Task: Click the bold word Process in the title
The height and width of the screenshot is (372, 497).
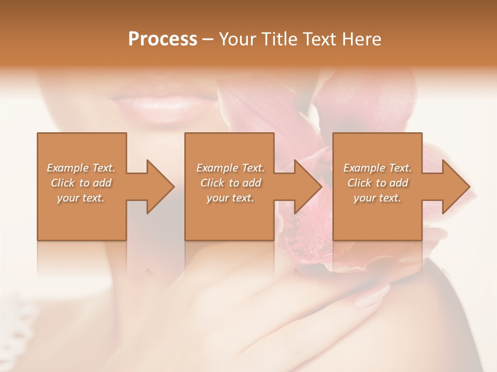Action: [x=163, y=39]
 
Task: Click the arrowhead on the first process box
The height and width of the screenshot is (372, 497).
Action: [x=160, y=187]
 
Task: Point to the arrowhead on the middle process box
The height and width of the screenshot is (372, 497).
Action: [x=308, y=187]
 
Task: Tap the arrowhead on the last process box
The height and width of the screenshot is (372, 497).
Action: [x=456, y=187]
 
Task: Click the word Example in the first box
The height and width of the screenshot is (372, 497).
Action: [x=68, y=168]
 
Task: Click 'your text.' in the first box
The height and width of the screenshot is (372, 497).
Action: [x=81, y=198]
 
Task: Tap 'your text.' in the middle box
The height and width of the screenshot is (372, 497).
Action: [x=230, y=198]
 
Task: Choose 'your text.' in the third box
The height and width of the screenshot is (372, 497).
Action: [x=377, y=198]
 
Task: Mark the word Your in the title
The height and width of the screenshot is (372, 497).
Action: [x=237, y=39]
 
